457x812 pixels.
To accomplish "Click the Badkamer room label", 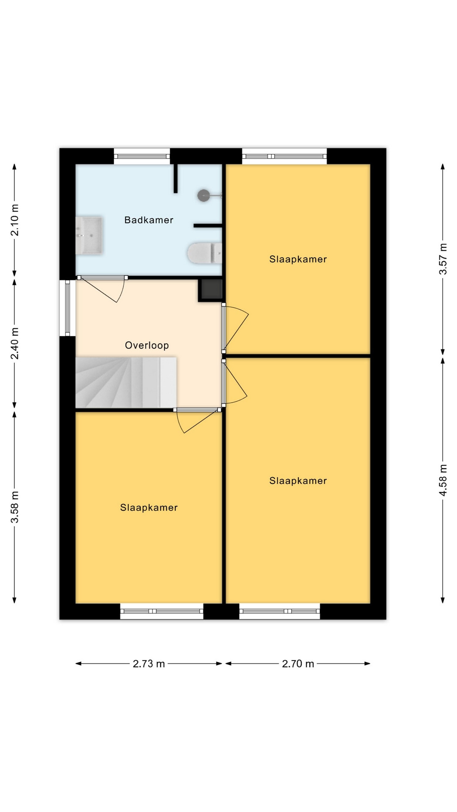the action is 149,220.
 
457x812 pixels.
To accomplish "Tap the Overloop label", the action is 147,345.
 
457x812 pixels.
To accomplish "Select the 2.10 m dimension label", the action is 15,220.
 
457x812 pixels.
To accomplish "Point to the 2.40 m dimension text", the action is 15,343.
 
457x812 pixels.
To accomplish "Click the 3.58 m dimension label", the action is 15,507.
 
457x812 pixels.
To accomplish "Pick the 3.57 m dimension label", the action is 443,259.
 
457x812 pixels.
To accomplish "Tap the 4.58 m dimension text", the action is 443,480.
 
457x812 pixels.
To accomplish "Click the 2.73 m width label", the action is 149,664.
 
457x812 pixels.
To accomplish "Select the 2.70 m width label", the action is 298,664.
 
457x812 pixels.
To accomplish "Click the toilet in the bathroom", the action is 205,253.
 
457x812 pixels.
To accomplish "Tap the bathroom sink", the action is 89,236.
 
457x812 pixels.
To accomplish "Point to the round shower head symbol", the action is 204,195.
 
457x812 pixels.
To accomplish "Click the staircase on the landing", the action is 126,383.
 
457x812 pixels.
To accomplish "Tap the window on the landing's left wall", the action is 67,308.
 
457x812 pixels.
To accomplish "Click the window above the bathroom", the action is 142,156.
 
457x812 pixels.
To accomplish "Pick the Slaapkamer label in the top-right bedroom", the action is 298,259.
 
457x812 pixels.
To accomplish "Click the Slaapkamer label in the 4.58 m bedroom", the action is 298,480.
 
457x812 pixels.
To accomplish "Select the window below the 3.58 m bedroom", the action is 162,611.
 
